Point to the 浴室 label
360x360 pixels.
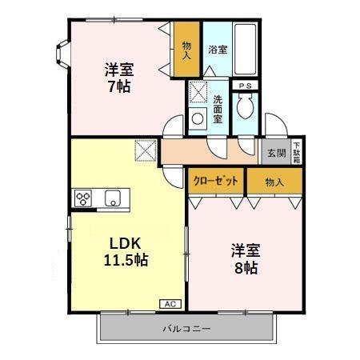click(x=218, y=50)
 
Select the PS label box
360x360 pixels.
click(x=245, y=84)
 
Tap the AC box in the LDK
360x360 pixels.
click(x=170, y=303)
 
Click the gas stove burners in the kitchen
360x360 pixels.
click(x=83, y=198)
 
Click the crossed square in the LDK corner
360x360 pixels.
click(x=146, y=150)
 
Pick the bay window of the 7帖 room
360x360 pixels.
click(x=61, y=54)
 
